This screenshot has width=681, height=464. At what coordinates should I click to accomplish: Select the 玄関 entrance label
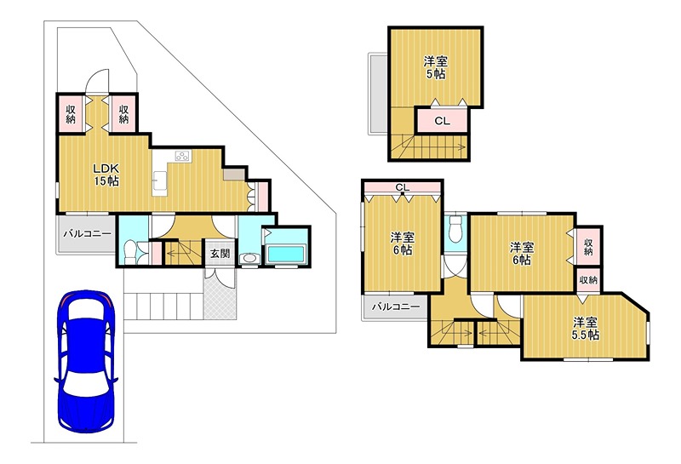tap(220, 254)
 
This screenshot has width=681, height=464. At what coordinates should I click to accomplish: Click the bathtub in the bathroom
tap(287, 254)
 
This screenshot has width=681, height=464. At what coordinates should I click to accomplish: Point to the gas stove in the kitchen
tap(183, 156)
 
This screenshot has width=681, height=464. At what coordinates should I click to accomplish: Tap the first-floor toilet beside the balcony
tap(129, 252)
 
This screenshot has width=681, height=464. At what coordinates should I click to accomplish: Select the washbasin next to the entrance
tap(249, 258)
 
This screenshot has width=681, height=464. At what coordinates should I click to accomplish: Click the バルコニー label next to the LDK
tap(88, 234)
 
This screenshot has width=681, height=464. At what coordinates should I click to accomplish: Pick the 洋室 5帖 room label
tap(436, 68)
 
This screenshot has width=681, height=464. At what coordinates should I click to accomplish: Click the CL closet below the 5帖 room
tap(443, 120)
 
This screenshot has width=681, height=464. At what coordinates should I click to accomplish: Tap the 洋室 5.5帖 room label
tap(586, 329)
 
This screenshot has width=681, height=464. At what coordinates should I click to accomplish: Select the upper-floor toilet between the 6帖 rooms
tap(455, 229)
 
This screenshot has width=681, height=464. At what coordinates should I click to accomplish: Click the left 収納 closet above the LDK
tap(71, 114)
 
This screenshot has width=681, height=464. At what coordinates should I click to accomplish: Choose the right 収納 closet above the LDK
tap(123, 114)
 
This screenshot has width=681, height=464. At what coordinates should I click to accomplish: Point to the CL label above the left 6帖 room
tap(403, 187)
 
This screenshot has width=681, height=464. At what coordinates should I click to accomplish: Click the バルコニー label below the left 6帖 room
tap(396, 307)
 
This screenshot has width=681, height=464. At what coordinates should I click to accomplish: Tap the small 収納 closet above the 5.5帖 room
tap(588, 280)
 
